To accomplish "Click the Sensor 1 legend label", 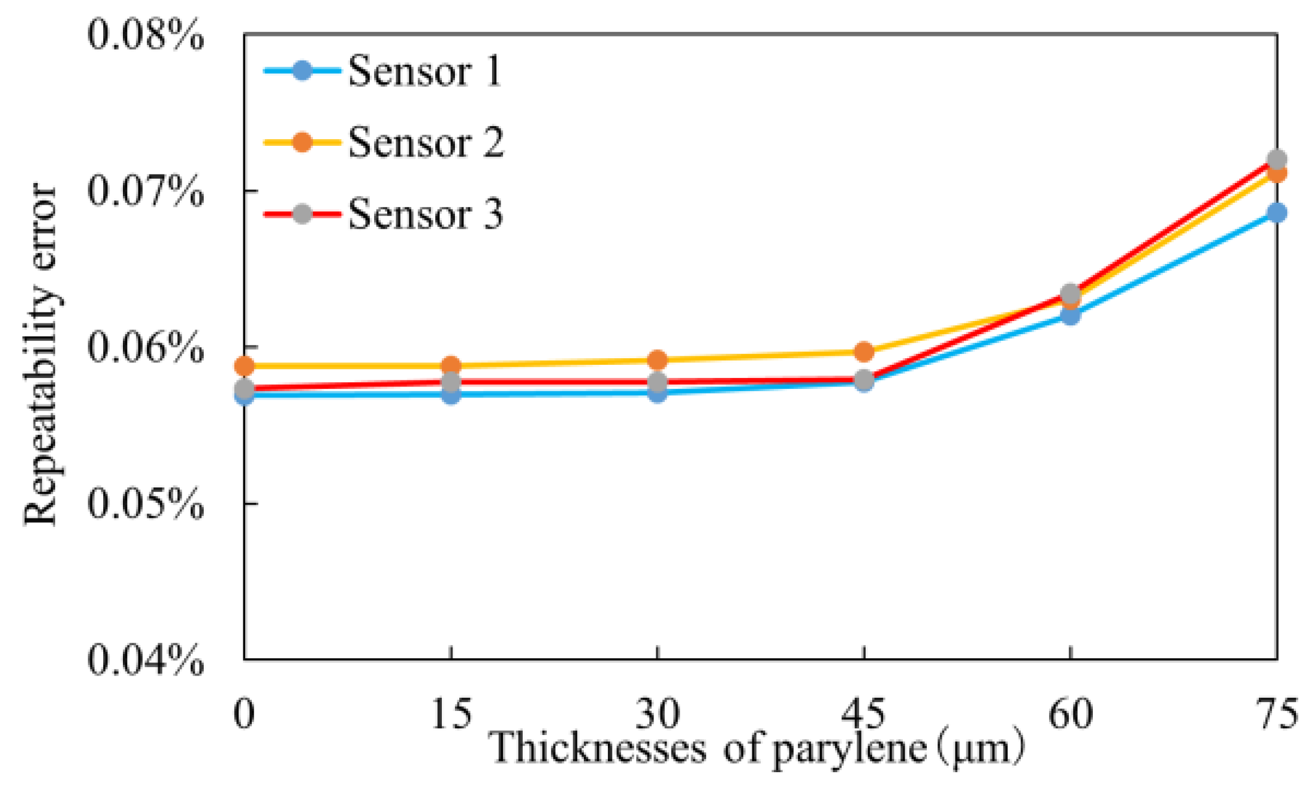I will [424, 71].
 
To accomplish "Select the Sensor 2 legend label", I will [426, 143].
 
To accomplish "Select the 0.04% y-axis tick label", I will [145, 659].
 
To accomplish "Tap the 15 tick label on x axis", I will [451, 714].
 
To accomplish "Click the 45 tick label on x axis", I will [863, 714].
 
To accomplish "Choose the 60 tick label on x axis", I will [1070, 714].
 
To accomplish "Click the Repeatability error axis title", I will [41, 354].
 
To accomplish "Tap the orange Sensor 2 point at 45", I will [864, 352].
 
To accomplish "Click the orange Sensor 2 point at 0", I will [244, 365].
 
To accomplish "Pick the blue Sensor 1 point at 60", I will [1070, 315].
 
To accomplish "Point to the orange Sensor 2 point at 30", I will [658, 360].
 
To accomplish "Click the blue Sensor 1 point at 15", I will [451, 395].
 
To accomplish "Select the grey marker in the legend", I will [303, 214].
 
